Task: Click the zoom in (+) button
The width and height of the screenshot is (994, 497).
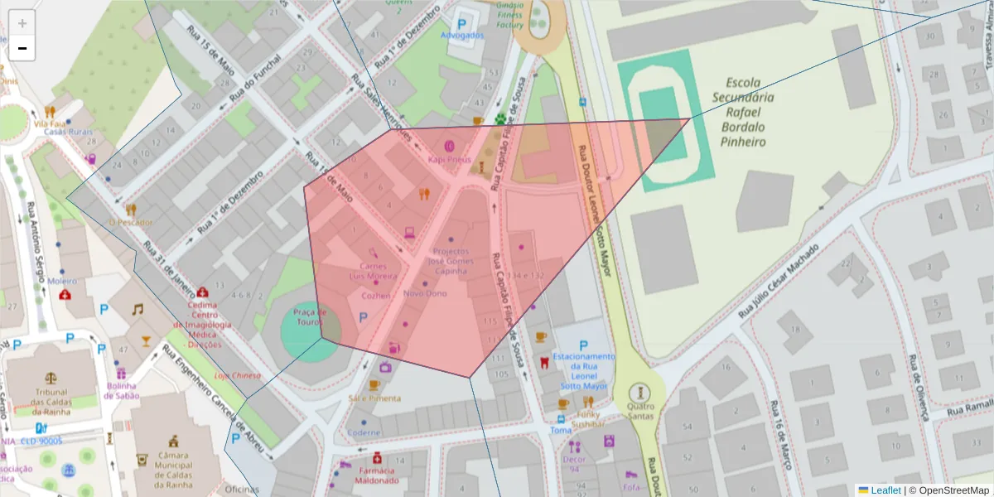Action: (22, 24)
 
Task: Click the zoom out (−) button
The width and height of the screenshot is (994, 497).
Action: (22, 49)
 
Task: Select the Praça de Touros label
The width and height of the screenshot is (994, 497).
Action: (311, 316)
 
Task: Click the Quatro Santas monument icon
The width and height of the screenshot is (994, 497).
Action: (639, 392)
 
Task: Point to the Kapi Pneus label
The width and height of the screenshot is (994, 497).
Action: (449, 158)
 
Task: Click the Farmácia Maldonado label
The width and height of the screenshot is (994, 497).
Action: (377, 475)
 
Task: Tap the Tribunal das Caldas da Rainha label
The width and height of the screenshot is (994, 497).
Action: (52, 403)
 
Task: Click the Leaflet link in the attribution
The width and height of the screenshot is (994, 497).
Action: (885, 490)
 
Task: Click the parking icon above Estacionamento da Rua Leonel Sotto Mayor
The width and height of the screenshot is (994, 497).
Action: (584, 345)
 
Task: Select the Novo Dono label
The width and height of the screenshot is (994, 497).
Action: (425, 293)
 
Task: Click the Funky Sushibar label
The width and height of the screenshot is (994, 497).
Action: (588, 417)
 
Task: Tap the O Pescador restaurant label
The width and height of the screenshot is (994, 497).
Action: (131, 223)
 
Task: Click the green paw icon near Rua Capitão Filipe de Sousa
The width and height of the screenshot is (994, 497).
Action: (500, 119)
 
